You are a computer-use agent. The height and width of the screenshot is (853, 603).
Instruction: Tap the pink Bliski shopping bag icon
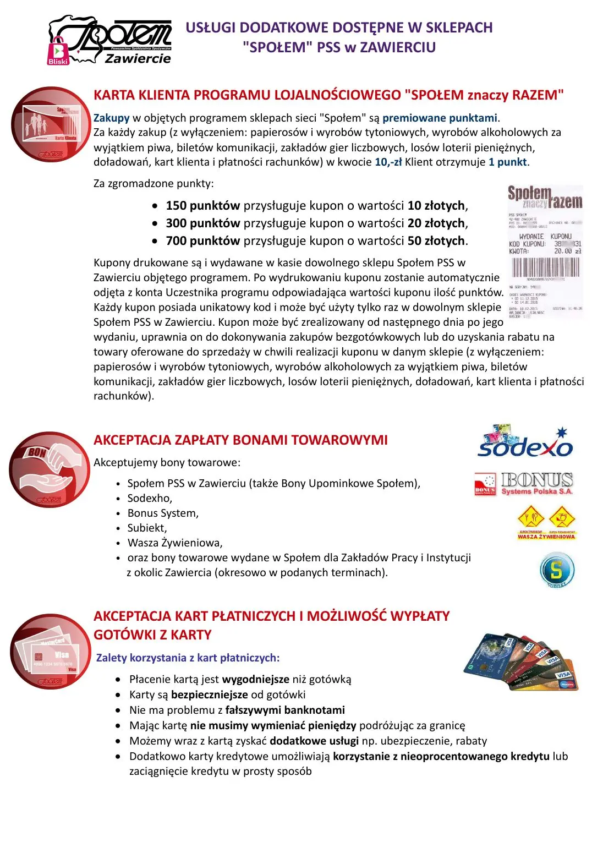click(x=57, y=51)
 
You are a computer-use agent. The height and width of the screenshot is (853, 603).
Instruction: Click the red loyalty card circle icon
click(x=51, y=124)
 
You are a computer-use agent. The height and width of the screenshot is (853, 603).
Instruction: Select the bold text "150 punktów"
click(x=202, y=206)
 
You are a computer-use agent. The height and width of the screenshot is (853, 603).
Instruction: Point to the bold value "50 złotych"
click(x=436, y=241)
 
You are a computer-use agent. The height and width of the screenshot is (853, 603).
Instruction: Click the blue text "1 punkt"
click(x=508, y=162)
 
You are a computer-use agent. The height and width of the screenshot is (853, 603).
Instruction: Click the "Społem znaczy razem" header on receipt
click(x=545, y=197)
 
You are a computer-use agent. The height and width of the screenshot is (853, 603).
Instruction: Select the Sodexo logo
click(x=525, y=442)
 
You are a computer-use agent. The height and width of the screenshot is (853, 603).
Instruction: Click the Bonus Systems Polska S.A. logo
click(x=524, y=484)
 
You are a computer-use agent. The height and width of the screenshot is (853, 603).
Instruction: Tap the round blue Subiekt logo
click(x=557, y=570)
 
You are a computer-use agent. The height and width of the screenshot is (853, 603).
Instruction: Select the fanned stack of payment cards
click(x=520, y=662)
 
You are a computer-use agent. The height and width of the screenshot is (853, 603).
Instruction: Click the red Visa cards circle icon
click(x=50, y=652)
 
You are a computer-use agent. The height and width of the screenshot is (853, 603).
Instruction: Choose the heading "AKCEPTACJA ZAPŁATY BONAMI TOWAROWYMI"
click(x=240, y=440)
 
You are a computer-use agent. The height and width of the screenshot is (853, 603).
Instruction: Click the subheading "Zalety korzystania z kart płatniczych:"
click(x=188, y=658)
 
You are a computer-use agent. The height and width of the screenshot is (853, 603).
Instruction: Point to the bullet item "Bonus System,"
click(x=163, y=513)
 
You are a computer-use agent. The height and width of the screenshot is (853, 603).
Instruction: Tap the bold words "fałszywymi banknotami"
click(x=285, y=710)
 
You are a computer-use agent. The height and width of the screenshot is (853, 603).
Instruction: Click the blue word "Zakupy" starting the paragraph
click(x=111, y=118)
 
